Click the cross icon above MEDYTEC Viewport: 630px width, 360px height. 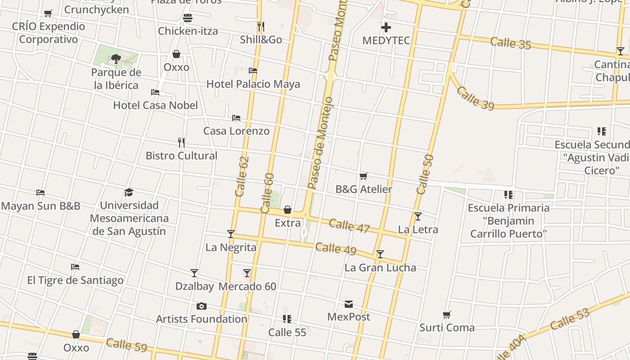tap(386, 28)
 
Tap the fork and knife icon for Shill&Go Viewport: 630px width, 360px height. tap(260, 27)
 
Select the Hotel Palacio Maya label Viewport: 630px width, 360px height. tap(253, 84)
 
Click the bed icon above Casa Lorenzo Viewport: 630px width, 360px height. tap(236, 118)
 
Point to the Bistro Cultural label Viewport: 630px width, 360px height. tap(181, 156)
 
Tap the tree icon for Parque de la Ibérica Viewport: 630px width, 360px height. tap(116, 58)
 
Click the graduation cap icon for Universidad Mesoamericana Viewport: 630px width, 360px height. tap(129, 193)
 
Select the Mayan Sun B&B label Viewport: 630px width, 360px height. tap(40, 206)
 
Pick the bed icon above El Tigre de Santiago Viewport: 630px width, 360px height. tap(75, 267)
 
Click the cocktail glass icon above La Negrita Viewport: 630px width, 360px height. tap(231, 234)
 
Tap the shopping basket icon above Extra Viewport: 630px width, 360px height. tap(288, 210)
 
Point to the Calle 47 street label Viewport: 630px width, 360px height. tap(349, 225)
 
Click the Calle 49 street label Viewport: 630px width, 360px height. tap(336, 248)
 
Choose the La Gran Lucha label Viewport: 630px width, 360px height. tap(380, 268)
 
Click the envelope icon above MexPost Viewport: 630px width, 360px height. tap(349, 304)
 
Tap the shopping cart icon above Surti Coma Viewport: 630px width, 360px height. tap(447, 315)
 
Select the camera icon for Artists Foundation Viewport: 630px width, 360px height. tap(202, 306)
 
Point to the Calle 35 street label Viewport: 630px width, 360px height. tap(511, 43)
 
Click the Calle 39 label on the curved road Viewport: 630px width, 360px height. tap(475, 98)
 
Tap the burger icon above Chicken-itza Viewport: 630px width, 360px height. tap(188, 18)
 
